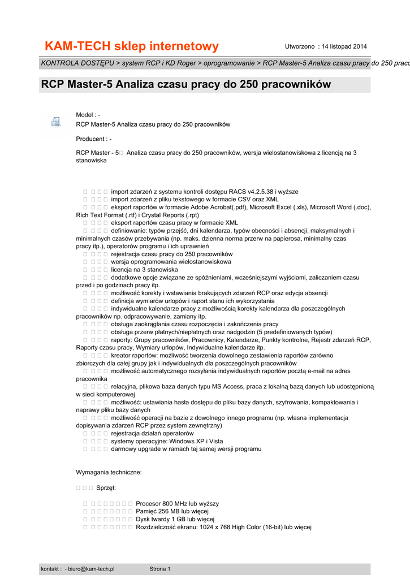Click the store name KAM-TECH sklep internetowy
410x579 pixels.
pos(132,46)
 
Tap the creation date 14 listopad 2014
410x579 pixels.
pos(344,46)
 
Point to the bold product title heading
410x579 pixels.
pos(185,85)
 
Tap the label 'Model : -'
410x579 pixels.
pos(88,115)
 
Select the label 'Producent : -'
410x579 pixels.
pos(94,139)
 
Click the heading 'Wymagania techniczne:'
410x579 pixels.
pos(109,472)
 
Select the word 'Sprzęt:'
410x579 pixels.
pos(106,487)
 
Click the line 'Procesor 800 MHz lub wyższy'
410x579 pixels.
pos(177,503)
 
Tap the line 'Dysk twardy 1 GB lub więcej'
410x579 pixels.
pos(175,519)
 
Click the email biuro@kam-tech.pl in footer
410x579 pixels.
pos(91,569)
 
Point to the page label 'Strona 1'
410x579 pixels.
pos(159,569)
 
